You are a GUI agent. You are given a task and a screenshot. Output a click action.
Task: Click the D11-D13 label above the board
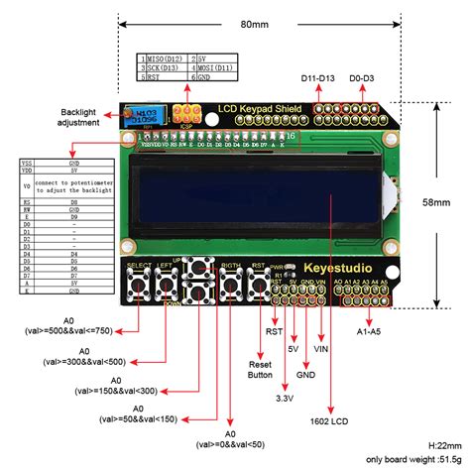tap(317, 78)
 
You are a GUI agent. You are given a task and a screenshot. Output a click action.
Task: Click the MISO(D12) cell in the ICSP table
tap(163, 60)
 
